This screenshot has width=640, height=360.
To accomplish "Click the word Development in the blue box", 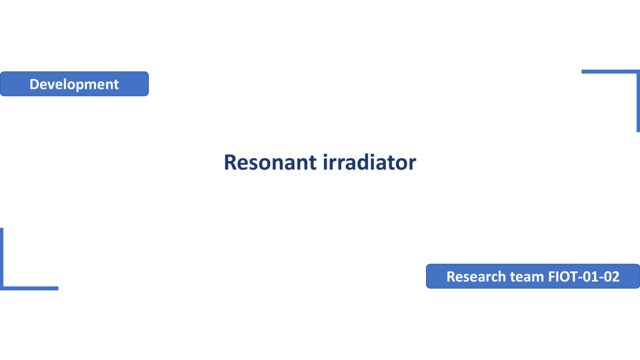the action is (74, 84).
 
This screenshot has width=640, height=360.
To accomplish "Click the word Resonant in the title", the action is (270, 162).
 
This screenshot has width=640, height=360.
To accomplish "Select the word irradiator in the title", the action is (369, 162).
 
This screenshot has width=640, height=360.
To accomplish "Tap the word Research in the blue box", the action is (476, 277).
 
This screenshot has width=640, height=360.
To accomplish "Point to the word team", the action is (527, 277).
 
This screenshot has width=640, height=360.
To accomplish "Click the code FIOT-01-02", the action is (584, 277).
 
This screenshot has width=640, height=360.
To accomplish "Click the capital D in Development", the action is (35, 84).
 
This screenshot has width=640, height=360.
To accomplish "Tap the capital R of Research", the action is (451, 277).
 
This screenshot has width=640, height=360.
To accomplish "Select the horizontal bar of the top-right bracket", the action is (611, 71).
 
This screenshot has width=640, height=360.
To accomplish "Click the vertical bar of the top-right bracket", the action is (638, 101).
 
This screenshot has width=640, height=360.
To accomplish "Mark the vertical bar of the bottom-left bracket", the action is (2, 259).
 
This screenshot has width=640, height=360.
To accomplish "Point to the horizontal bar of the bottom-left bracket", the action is (29, 288).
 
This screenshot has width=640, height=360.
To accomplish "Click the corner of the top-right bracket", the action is (638, 71).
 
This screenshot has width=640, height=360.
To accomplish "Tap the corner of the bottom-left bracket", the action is (2, 289).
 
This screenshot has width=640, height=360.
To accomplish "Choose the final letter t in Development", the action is (116, 85).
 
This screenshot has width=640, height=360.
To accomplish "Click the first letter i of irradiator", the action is (325, 162).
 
